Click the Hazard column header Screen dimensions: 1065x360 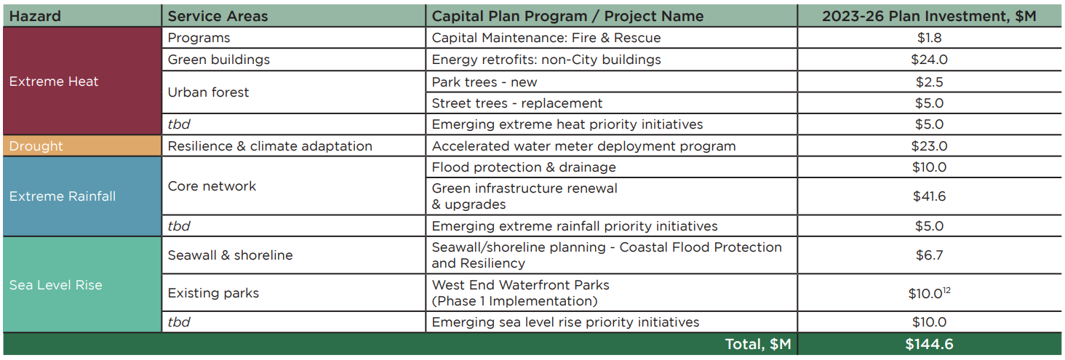pyautogui.click(x=35, y=16)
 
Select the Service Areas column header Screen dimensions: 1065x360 pyautogui.click(x=218, y=16)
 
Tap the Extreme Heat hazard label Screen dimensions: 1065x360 pyautogui.click(x=54, y=81)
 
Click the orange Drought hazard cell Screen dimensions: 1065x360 pyautogui.click(x=82, y=146)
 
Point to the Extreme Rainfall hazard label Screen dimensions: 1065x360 pyautogui.click(x=63, y=196)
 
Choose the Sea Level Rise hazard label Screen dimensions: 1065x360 pyautogui.click(x=55, y=285)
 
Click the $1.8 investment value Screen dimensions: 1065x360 pyautogui.click(x=929, y=38)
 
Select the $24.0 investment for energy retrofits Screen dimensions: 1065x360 pyautogui.click(x=929, y=60)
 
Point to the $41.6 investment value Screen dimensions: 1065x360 pyautogui.click(x=929, y=196)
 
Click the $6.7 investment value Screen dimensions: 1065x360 pyautogui.click(x=929, y=255)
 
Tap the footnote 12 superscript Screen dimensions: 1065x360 pyautogui.click(x=946, y=289)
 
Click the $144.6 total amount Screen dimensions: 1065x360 pyautogui.click(x=929, y=344)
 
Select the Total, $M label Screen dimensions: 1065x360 pyautogui.click(x=758, y=344)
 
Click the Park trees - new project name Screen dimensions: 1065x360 pyautogui.click(x=484, y=82)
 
